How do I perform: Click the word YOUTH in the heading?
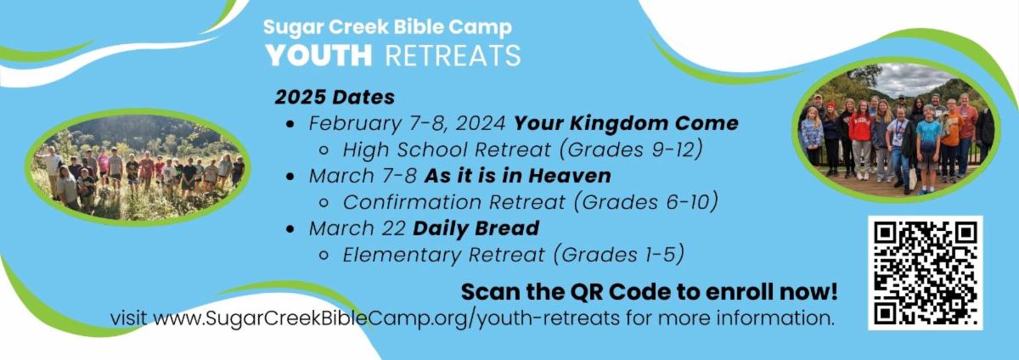319,55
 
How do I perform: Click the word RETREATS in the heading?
453,55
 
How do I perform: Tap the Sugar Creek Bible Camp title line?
387,27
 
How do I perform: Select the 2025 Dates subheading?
335,98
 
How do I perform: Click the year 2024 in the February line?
480,123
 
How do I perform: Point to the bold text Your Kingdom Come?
627,123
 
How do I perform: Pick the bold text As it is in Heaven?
518,176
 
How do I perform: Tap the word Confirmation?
412,202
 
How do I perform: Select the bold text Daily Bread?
476,228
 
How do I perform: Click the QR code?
926,273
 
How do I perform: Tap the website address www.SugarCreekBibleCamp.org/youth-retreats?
386,318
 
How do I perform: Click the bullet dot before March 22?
290,229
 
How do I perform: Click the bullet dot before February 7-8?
290,124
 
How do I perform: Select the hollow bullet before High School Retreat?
324,150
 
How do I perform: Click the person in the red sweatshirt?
860,138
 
